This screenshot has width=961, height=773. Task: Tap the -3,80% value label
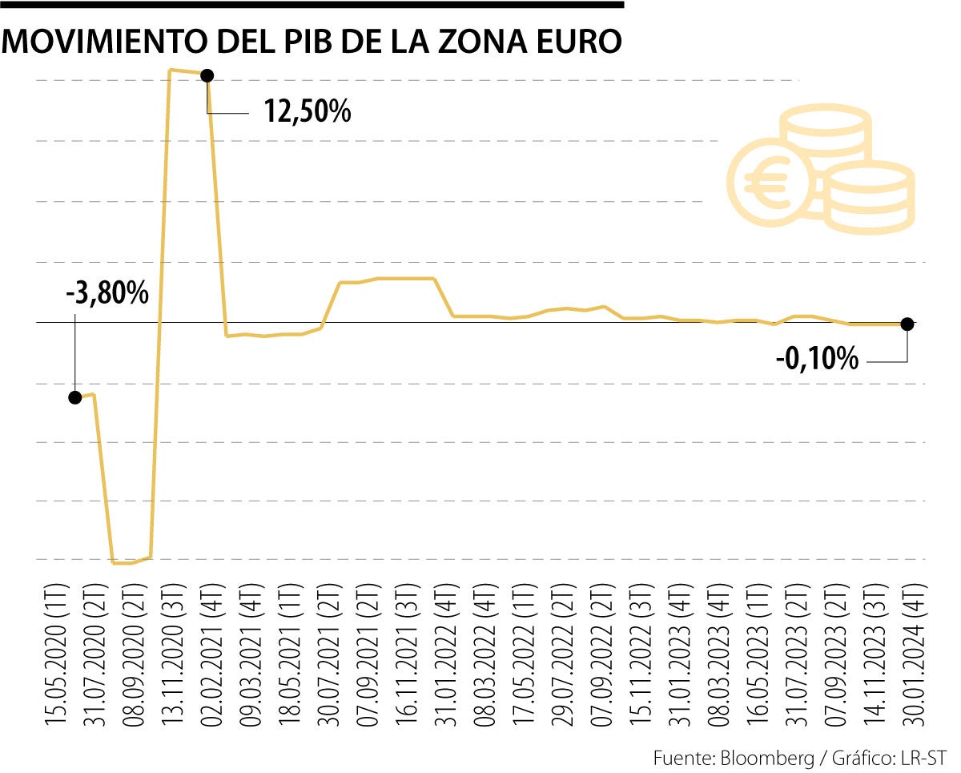point(107,293)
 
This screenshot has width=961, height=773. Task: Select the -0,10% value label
point(817,359)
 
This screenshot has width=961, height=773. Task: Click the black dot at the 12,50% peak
point(207,75)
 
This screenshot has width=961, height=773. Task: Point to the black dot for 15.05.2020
point(75,397)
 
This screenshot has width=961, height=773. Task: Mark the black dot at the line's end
point(907,324)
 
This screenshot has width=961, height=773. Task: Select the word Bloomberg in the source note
point(760,758)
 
